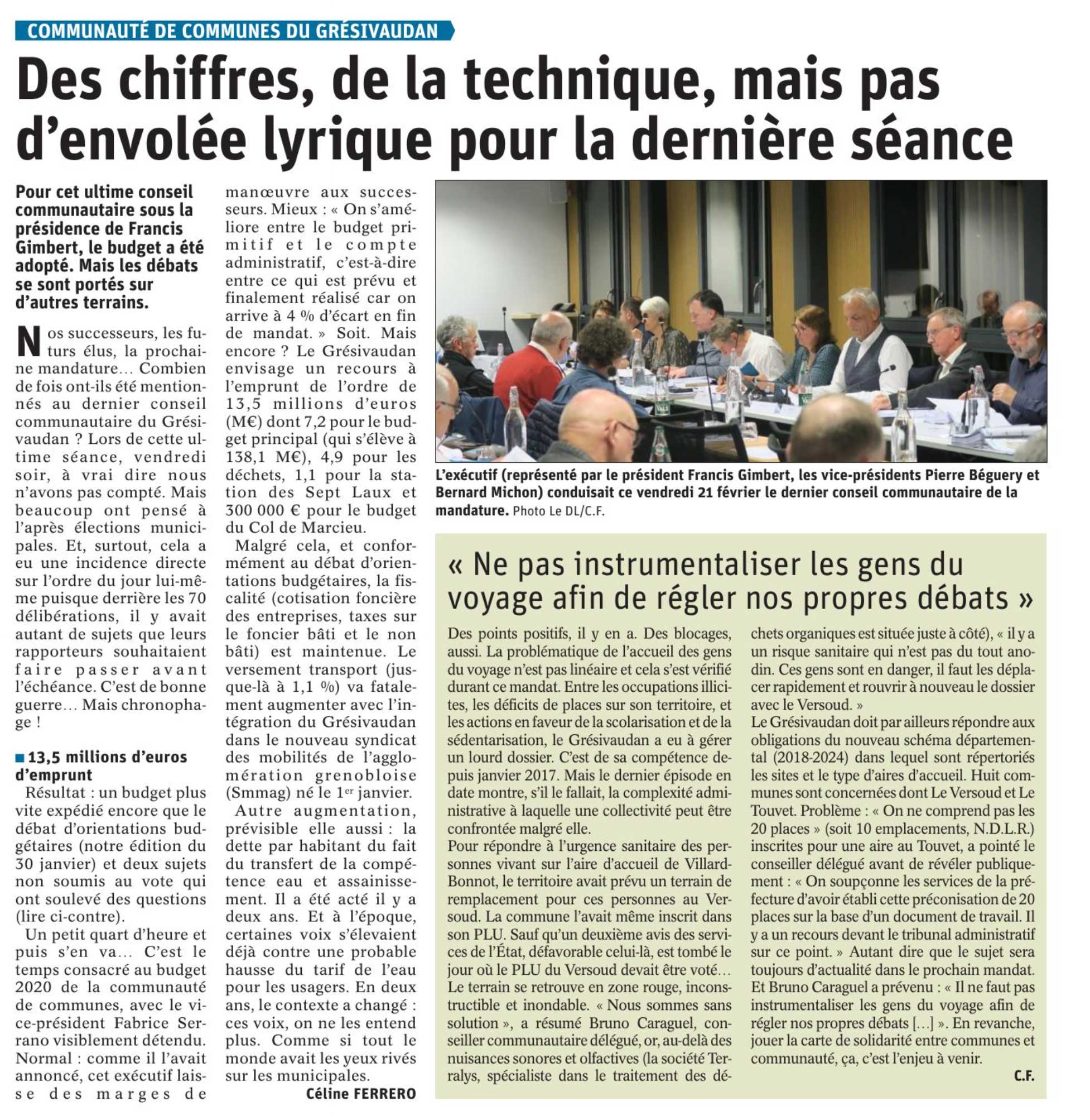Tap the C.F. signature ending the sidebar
[x=1024, y=1075]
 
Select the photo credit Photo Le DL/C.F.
[x=559, y=511]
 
